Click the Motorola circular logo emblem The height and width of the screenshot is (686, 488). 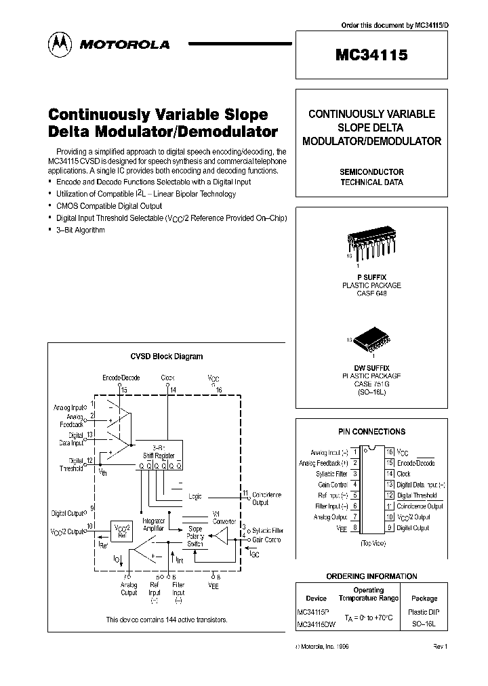click(58, 44)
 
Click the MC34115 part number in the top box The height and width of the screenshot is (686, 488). click(371, 57)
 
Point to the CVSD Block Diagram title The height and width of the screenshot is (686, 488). click(165, 356)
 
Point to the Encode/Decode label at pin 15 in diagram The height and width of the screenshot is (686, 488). click(121, 378)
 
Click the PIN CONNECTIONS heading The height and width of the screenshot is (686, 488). click(371, 431)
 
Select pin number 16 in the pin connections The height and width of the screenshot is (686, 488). click(389, 451)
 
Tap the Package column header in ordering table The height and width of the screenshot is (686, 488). click(424, 599)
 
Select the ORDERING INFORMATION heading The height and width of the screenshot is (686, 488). click(371, 576)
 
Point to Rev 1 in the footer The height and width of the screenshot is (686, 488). click(441, 647)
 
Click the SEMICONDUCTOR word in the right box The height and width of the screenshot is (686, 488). click(371, 172)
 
